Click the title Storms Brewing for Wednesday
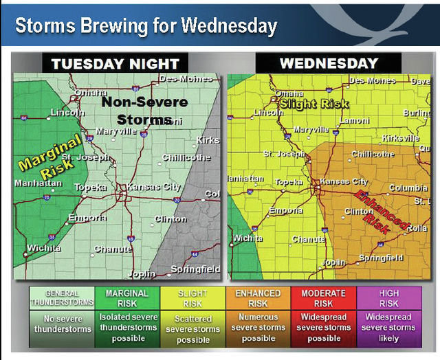pos(146,26)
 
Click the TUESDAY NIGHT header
pos(115,64)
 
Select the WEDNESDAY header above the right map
pos(329,64)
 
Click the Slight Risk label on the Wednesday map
pos(314,104)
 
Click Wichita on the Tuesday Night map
pos(43,247)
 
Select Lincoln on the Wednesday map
pos(269,112)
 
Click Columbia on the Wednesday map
pos(408,188)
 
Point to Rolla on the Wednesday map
pos(417,227)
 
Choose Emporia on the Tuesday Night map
pos(87,218)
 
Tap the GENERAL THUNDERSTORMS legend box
pos(62,298)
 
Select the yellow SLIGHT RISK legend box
pos(193,298)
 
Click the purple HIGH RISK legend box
pos(389,298)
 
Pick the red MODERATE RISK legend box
pos(324,298)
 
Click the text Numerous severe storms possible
pos(258,328)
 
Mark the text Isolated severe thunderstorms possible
pos(128,328)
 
